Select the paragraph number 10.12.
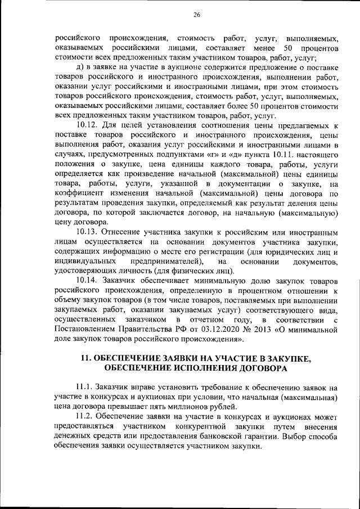[89, 125]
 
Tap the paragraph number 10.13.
[89, 232]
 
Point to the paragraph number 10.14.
[89, 280]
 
